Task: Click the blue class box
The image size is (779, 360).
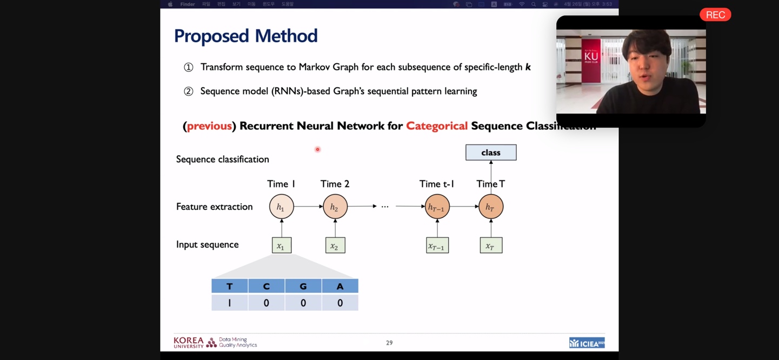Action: [491, 152]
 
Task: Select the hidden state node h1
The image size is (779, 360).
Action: [281, 206]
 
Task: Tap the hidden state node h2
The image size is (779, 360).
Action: [335, 206]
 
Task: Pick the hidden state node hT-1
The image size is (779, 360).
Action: [437, 206]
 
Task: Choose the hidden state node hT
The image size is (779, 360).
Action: [491, 206]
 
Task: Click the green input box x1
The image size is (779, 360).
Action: [281, 245]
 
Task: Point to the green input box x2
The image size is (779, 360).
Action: [335, 245]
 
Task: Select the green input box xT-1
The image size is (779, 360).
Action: [437, 245]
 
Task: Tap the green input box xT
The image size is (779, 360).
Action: [491, 245]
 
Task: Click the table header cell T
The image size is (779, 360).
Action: [230, 286]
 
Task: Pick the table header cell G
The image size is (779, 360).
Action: [303, 286]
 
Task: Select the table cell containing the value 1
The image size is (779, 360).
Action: [230, 303]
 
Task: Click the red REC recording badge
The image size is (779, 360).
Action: [715, 15]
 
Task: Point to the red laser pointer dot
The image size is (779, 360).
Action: [317, 149]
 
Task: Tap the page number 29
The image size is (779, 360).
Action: [389, 343]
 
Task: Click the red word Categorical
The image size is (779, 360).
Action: [437, 126]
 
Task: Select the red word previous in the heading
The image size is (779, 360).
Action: [209, 126]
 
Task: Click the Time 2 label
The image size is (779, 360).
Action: [335, 184]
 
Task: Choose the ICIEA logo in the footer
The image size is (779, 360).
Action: [587, 343]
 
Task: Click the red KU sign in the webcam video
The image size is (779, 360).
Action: [591, 57]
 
